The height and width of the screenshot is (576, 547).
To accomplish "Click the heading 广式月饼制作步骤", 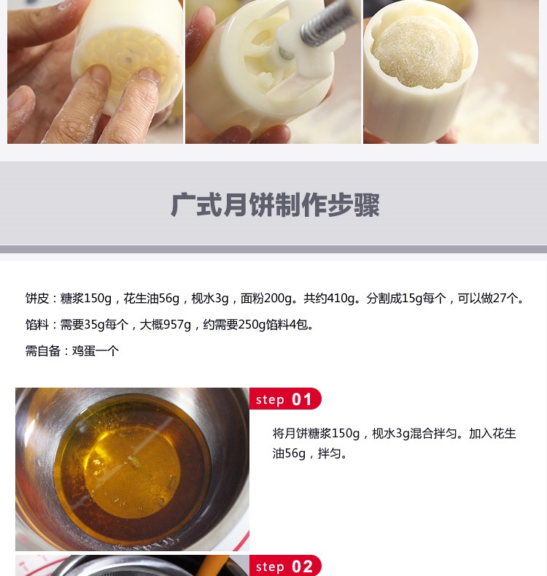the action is coord(275,204).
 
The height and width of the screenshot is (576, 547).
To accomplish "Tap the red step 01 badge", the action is coord(285,399).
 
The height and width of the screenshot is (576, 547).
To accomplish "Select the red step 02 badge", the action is coord(285,566).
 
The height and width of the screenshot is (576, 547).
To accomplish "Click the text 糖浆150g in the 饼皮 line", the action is coord(85,299).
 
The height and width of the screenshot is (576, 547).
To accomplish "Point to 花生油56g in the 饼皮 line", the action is coord(151,299).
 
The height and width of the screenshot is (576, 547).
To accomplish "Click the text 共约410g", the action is coord(329,299).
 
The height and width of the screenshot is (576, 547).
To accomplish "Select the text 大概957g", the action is coord(166,325).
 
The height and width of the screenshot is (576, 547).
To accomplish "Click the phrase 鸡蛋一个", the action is coord(96,351).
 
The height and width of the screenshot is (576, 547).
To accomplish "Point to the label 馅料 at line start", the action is coord(37,325).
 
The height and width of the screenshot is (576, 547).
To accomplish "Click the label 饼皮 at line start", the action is coord(37,299).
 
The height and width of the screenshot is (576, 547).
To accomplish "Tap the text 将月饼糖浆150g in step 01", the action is coord(316,434).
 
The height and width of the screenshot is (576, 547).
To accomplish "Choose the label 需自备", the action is coord(43,351).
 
